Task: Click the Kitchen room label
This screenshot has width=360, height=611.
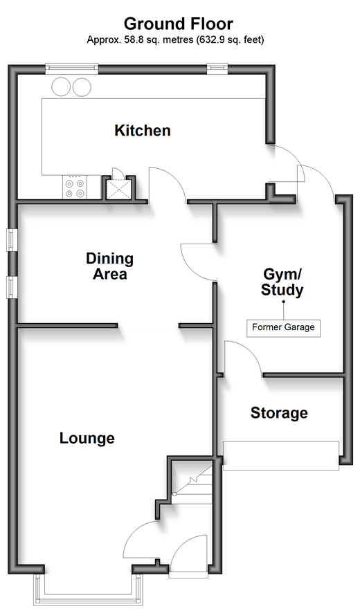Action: [x=143, y=131]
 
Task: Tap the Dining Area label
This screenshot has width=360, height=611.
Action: [x=109, y=266]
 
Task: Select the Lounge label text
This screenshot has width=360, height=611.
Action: [x=87, y=439]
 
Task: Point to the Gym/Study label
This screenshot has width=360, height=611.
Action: [x=282, y=282]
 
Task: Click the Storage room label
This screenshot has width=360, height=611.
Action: [x=279, y=413]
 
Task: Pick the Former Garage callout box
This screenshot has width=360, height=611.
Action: [x=284, y=327]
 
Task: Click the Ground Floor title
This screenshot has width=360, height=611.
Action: [x=179, y=24]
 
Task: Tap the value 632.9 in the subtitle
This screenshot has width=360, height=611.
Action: [x=211, y=39]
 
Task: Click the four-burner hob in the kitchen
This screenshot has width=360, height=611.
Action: [x=75, y=188]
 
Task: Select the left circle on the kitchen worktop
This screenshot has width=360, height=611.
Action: [x=61, y=87]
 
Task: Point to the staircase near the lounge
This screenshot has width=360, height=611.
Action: [x=192, y=482]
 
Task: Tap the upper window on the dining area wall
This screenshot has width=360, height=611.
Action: [x=12, y=239]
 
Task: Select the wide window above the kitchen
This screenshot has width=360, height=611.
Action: [x=71, y=69]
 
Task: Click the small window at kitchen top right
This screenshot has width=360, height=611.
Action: [x=217, y=69]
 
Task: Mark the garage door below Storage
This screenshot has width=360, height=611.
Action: [x=281, y=455]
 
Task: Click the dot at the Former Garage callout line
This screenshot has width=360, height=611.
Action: [x=284, y=302]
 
